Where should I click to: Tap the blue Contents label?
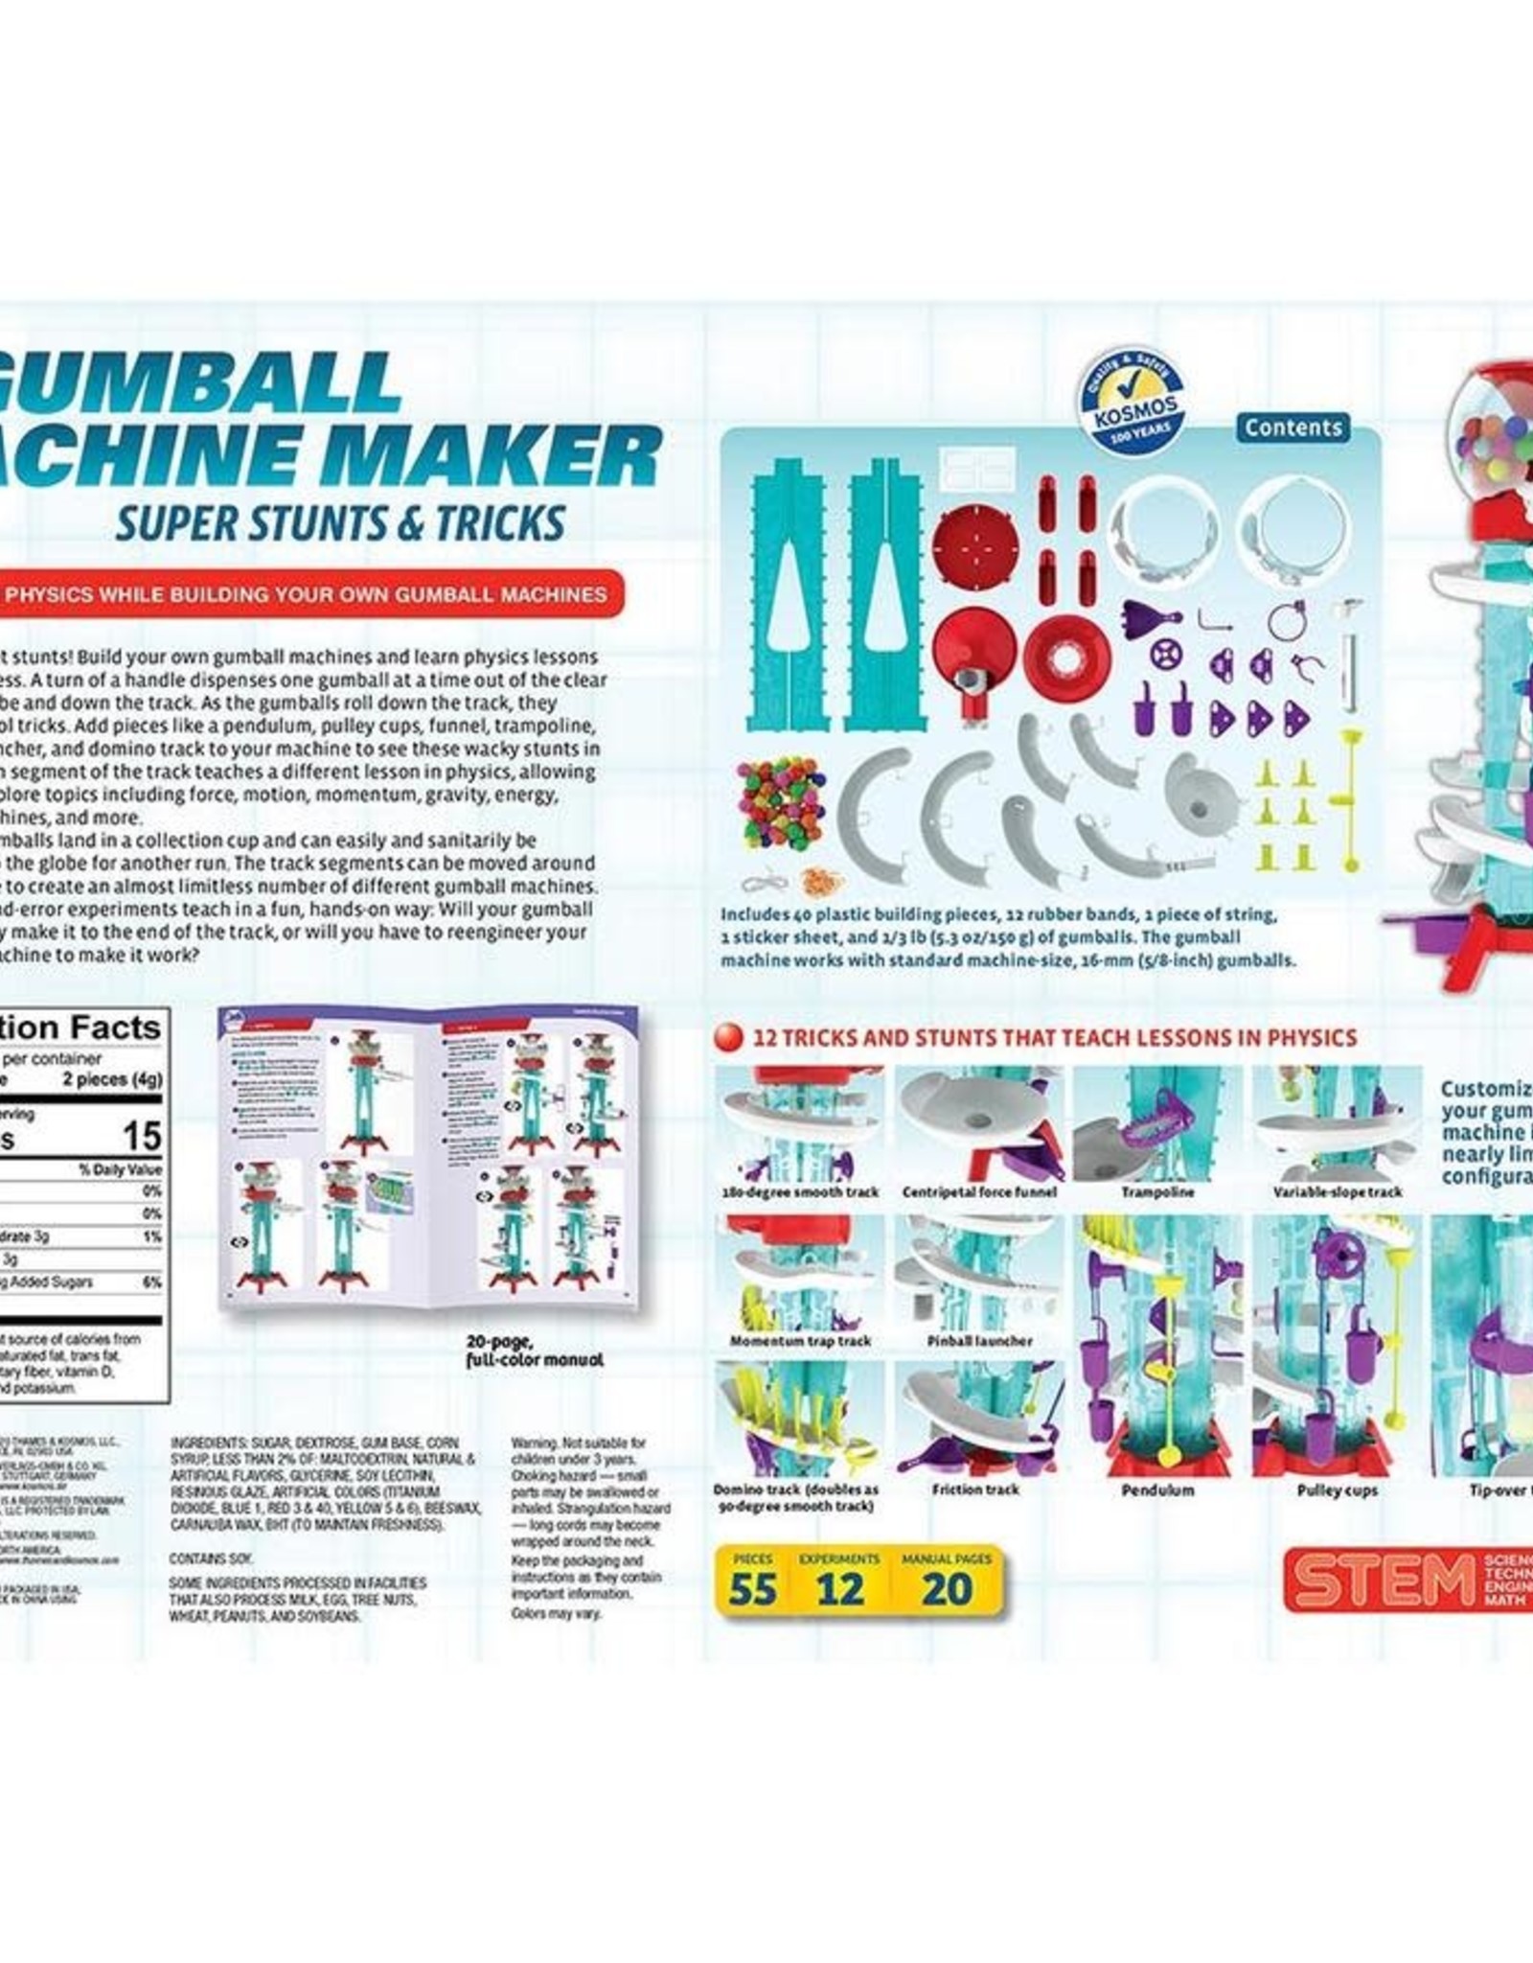coord(1293,427)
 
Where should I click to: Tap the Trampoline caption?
coord(1155,1191)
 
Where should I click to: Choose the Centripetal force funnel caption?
coord(978,1191)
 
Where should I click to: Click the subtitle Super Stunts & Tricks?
coord(337,522)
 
